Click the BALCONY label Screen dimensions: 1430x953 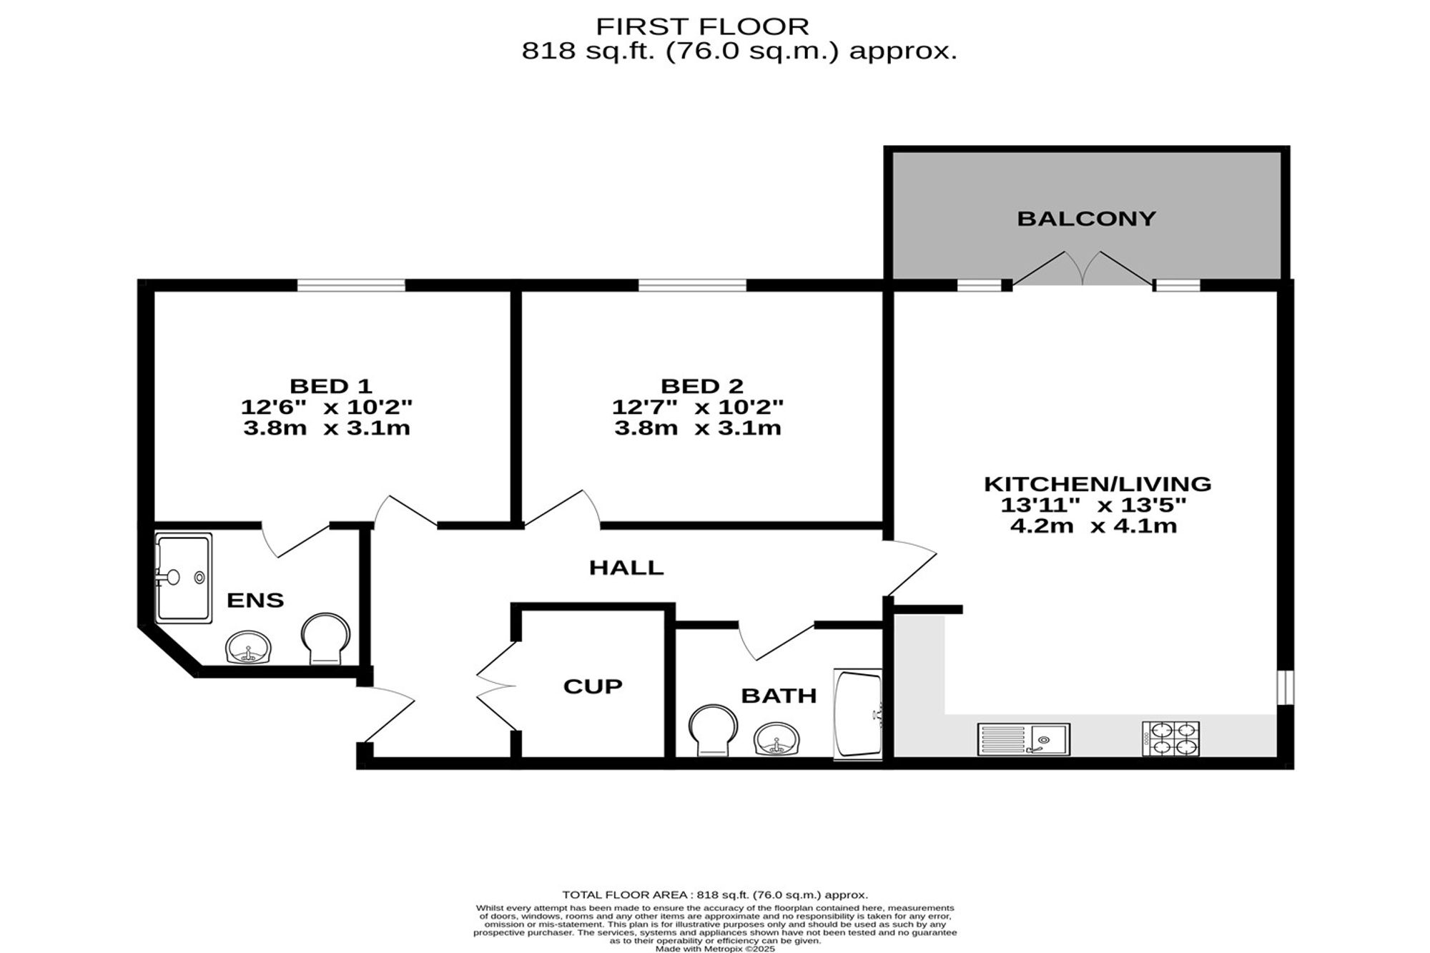pos(1086,218)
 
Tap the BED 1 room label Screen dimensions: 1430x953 pos(330,386)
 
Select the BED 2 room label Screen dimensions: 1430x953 pos(702,386)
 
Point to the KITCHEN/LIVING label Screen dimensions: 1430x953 pos(1098,484)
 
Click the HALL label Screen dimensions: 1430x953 pos(626,568)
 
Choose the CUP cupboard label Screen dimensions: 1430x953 pos(593,686)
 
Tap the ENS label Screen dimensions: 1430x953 pos(255,601)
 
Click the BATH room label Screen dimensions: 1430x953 pos(779,696)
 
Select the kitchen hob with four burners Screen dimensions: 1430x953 pos(1170,739)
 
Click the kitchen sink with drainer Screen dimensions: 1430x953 pos(1024,739)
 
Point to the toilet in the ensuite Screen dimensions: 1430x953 pos(326,638)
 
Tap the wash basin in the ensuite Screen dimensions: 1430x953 pos(248,648)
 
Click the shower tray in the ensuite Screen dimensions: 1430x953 pos(184,578)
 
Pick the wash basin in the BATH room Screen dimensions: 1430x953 pos(776,739)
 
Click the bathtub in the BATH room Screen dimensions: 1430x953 pos(859,713)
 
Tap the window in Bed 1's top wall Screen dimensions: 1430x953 pos(351,285)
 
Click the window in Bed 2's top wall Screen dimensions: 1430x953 pos(692,285)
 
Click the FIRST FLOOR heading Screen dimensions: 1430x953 pos(703,26)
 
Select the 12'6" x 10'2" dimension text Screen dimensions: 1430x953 pos(327,408)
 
